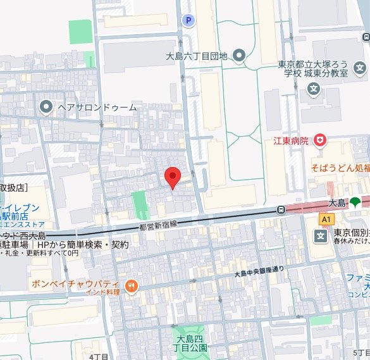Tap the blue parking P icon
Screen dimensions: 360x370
click(x=187, y=21)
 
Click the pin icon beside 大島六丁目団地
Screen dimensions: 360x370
click(x=238, y=56)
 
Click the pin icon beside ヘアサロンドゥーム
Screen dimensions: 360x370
click(x=46, y=107)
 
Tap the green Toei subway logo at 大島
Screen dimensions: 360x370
click(x=355, y=203)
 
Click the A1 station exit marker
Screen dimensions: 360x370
click(x=326, y=218)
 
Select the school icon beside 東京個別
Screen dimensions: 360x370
click(x=321, y=236)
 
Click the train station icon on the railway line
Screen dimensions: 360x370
click(x=281, y=209)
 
